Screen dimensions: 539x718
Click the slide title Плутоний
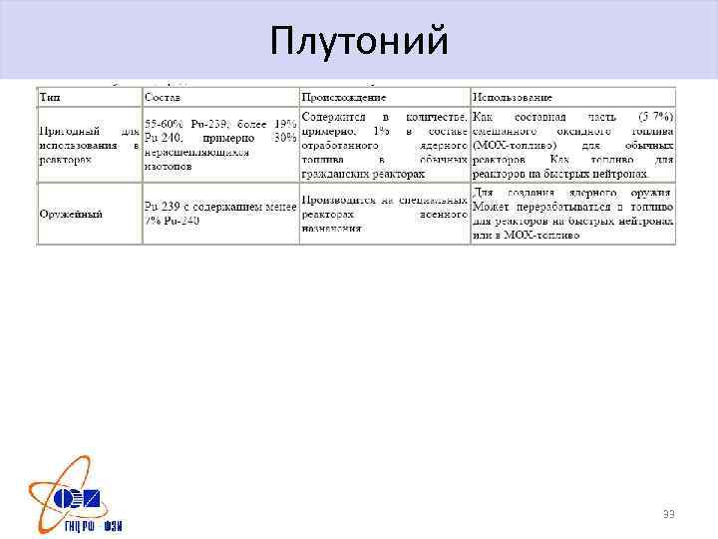coord(359,41)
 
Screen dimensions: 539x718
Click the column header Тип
coord(47,98)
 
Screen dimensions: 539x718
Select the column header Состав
coord(163,98)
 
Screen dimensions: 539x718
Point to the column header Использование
coord(513,98)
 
